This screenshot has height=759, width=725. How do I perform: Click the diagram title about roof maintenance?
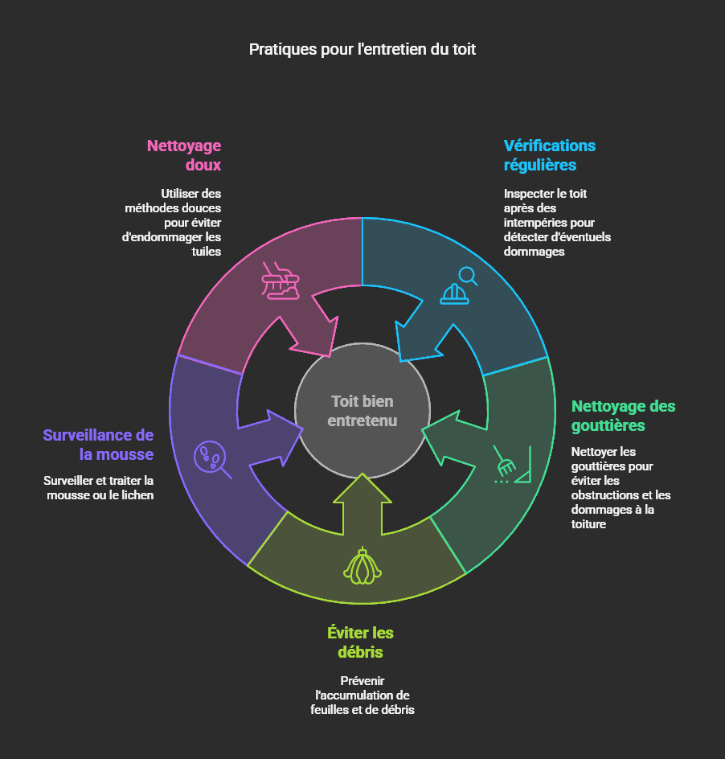(x=362, y=49)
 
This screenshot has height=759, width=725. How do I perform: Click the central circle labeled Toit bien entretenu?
(x=362, y=411)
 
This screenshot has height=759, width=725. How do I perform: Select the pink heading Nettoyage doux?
(x=184, y=155)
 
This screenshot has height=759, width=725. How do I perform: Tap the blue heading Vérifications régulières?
(x=550, y=155)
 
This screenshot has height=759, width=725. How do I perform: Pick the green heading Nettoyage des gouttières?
(x=623, y=415)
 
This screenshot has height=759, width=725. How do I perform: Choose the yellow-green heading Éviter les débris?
(x=360, y=642)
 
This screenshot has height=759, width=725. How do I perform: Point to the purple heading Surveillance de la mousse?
(x=98, y=445)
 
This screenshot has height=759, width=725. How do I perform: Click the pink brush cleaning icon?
(x=281, y=281)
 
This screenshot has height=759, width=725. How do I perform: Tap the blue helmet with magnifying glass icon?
(x=458, y=285)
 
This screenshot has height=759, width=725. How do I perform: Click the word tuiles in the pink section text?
(x=207, y=252)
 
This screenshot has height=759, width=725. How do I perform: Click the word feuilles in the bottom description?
(x=330, y=710)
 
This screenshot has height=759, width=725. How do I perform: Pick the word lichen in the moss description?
(x=138, y=495)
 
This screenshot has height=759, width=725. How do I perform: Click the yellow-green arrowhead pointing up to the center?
(x=362, y=487)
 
